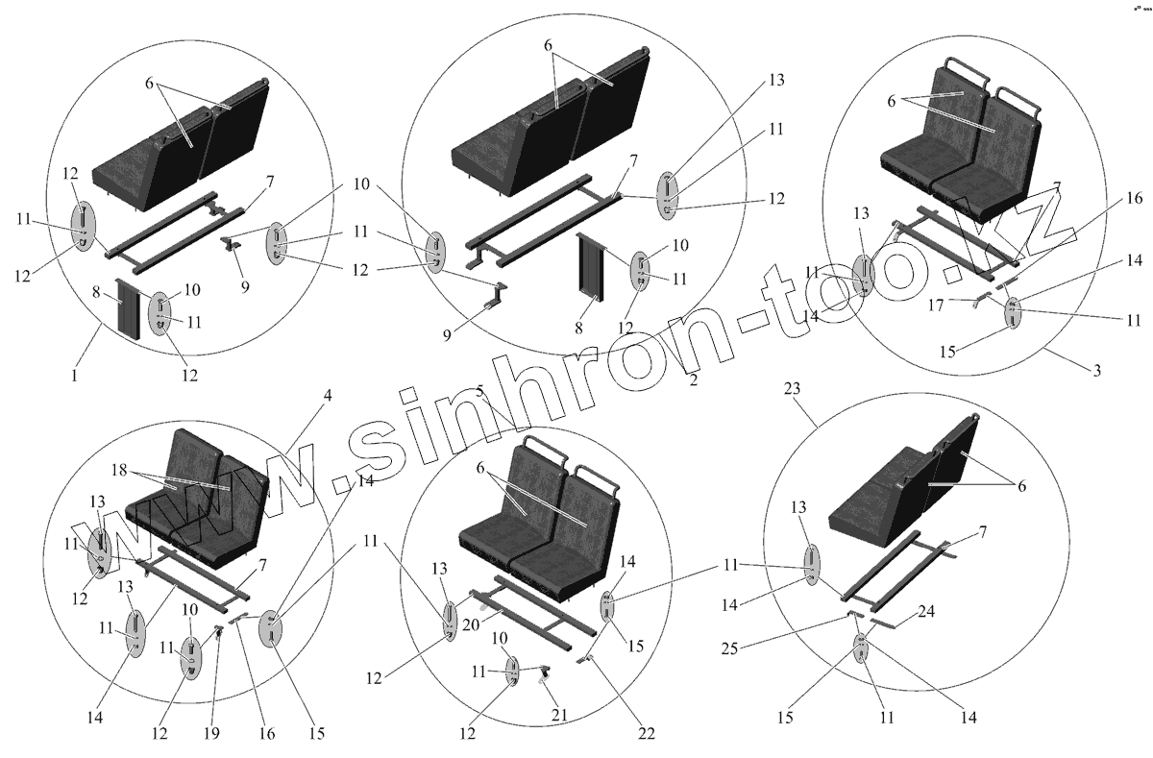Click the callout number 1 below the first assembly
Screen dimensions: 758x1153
point(74,376)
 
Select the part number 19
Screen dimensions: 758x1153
point(212,733)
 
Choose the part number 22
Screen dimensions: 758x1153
point(646,733)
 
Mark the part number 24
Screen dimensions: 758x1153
point(926,612)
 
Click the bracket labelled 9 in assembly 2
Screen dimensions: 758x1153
point(495,297)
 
